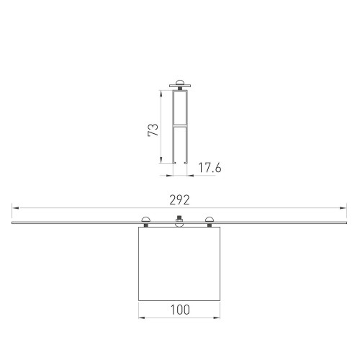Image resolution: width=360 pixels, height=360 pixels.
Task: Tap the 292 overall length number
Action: [179, 199]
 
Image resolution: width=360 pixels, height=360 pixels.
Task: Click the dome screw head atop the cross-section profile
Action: [181, 83]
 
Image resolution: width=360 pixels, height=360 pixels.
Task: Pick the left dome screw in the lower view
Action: [146, 220]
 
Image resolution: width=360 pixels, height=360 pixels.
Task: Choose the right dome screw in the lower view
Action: [210, 220]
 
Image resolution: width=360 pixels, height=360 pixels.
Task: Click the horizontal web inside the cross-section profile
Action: [181, 124]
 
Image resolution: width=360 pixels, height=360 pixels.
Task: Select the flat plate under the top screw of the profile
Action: [181, 87]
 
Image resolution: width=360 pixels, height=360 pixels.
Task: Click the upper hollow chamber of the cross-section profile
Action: [181, 108]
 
